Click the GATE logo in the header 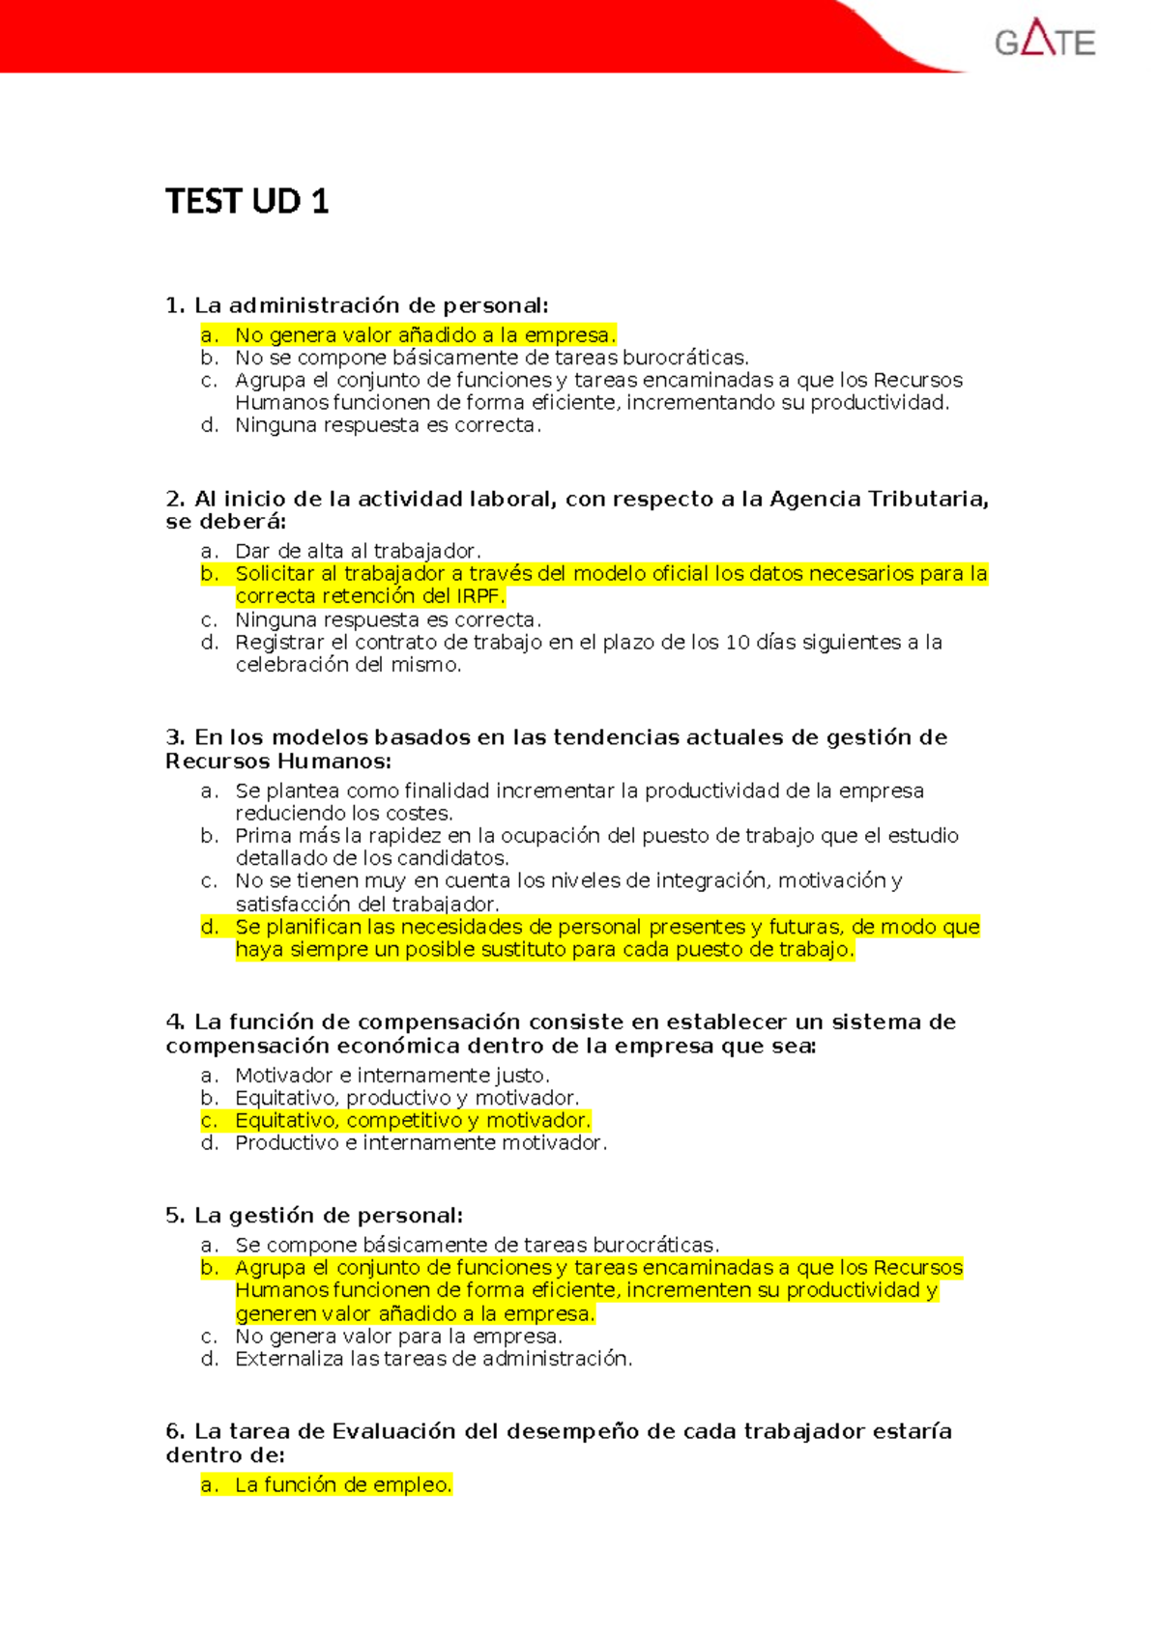click(x=1044, y=41)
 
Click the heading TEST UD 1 click(x=247, y=201)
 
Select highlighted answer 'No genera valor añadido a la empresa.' click(x=424, y=335)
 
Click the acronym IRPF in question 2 click(x=479, y=596)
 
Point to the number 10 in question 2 click(x=737, y=643)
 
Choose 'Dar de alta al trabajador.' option click(x=358, y=551)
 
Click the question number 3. click(x=175, y=737)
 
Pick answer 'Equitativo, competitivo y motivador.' click(x=412, y=1120)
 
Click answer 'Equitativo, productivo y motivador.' click(x=407, y=1098)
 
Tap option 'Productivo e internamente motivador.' click(x=420, y=1143)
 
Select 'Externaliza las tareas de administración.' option click(x=433, y=1359)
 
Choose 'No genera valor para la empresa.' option click(x=398, y=1337)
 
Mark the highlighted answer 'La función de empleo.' click(x=343, y=1485)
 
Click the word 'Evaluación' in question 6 click(x=393, y=1431)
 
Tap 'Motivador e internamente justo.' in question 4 click(x=391, y=1076)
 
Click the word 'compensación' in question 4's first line click(x=439, y=1022)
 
